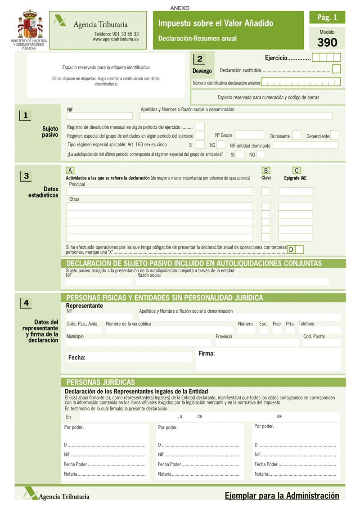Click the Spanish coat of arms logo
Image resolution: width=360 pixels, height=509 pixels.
[x=30, y=25]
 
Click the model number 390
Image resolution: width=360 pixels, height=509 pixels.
[x=327, y=43]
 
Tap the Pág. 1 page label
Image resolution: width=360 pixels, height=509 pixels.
[x=327, y=18]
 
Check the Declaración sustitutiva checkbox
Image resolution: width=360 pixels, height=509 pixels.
[x=336, y=69]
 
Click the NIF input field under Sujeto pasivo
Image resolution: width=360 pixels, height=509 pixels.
[x=100, y=116]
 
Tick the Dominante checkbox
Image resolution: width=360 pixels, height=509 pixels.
[x=297, y=135]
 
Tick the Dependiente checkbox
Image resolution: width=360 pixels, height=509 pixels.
[x=334, y=135]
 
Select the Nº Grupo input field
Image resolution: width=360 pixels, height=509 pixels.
[x=249, y=135]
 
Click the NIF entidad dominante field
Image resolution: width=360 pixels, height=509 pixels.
[x=306, y=145]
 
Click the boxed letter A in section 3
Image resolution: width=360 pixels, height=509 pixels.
[x=70, y=170]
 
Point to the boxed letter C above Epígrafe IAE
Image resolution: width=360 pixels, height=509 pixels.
[x=297, y=170]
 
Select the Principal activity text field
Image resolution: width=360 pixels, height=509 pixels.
[x=160, y=191]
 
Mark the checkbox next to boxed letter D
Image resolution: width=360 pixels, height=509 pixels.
[x=299, y=249]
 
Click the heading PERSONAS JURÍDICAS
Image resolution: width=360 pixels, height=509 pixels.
[x=100, y=383]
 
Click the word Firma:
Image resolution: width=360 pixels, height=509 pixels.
[x=207, y=354]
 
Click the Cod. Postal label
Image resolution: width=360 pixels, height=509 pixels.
[x=314, y=337]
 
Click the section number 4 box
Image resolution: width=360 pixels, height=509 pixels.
[x=26, y=303]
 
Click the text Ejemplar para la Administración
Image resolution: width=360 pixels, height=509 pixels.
[x=282, y=495]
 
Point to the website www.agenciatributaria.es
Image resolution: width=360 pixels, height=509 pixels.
[x=116, y=39]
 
